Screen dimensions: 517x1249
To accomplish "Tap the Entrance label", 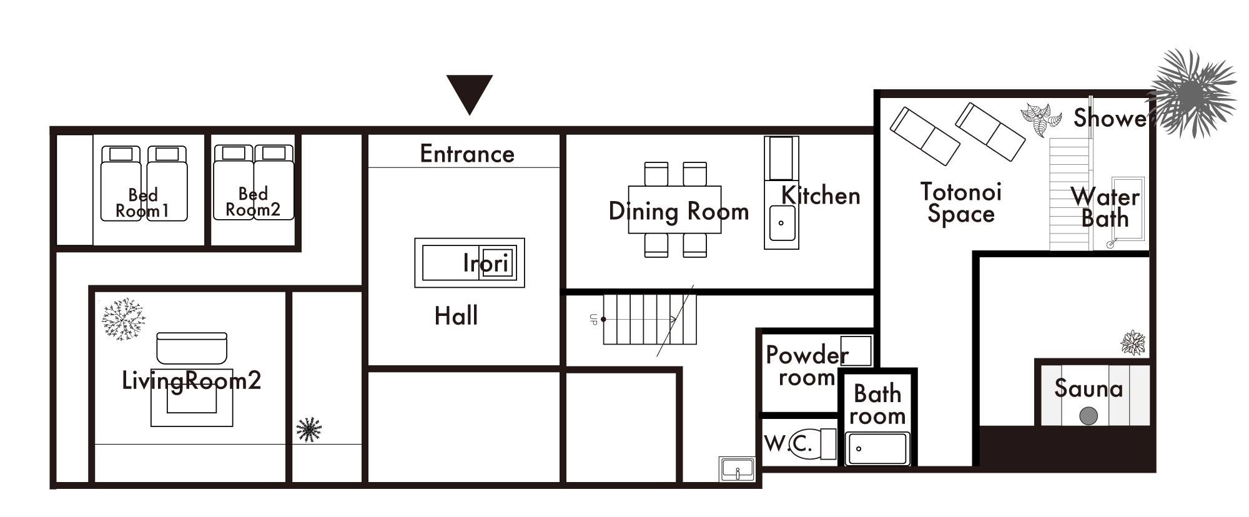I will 467,154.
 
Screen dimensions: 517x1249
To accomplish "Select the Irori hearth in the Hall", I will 470,263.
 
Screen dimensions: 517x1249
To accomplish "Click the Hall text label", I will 457,316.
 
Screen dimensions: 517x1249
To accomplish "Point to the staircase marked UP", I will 649,319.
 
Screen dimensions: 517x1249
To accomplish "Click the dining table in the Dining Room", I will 674,210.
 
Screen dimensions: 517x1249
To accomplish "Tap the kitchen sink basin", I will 781,223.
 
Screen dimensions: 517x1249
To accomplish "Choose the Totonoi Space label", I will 960,203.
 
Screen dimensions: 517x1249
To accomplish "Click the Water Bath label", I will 1105,208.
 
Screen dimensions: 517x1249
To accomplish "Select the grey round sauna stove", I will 1089,416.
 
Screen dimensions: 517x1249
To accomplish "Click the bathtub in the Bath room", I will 877,449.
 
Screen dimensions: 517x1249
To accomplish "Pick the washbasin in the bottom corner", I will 738,470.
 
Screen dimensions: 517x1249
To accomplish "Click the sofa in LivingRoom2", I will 192,348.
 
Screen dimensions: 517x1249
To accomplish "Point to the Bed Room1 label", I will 143,203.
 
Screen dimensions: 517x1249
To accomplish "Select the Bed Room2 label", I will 253,202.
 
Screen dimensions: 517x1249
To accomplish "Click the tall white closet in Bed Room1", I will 75,190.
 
